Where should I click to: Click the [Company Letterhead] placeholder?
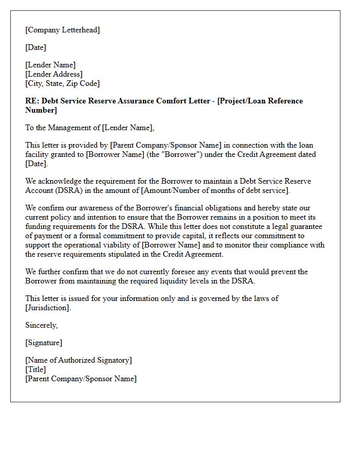coord(63,30)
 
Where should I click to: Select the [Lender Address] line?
coord(54,74)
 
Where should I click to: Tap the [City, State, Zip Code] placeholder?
coord(63,83)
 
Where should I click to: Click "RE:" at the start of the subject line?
coord(32,101)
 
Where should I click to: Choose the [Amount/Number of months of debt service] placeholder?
coord(216,190)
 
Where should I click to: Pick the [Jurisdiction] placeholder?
coord(47,308)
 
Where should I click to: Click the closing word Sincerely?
coord(41,325)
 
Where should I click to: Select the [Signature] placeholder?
coord(44,343)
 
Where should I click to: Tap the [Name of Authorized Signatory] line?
coord(79,360)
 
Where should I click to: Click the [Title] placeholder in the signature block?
coord(35,369)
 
